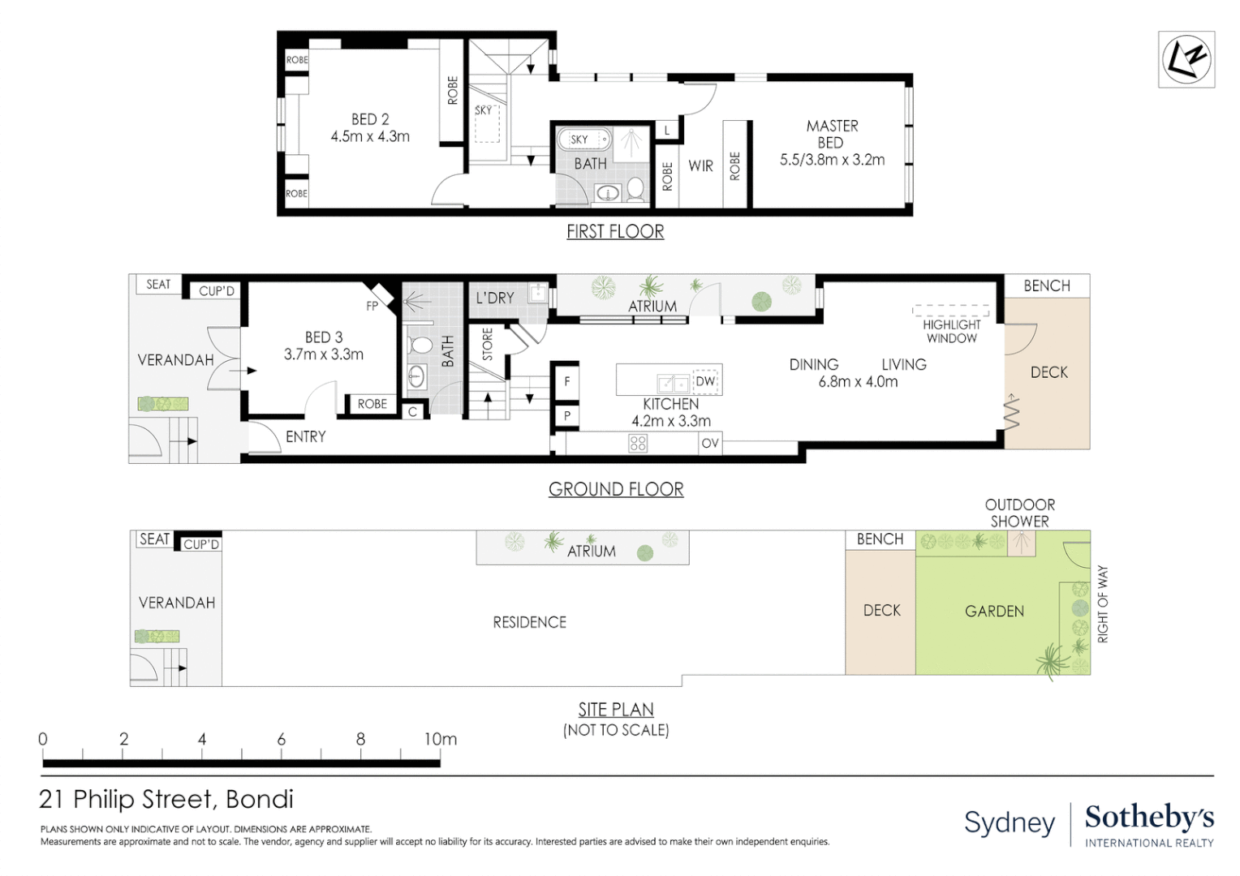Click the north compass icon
point(1186,59)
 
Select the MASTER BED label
point(832,134)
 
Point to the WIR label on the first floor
point(701,165)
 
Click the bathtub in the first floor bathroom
point(584,139)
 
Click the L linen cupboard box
point(667,131)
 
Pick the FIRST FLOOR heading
point(615,231)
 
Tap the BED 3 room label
point(324,337)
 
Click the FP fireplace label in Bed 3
point(372,306)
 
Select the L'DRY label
point(495,298)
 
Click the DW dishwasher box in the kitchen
point(705,381)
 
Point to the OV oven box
point(710,443)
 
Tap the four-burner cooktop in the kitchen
point(638,443)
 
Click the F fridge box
point(567,381)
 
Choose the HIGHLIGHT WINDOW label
point(952,332)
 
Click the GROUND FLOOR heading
point(616,489)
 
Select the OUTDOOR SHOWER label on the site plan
point(1020,513)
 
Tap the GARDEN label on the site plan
point(994,612)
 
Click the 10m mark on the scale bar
point(441,739)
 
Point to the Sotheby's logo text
point(1149,818)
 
